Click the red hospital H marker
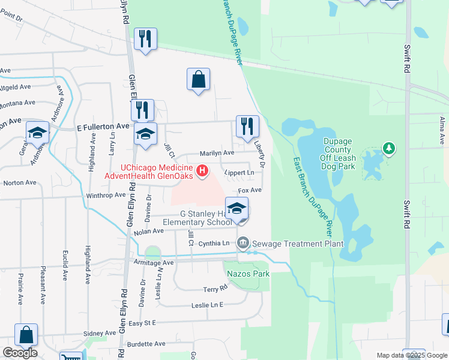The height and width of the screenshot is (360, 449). [x=202, y=171]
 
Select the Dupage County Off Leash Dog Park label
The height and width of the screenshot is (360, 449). [x=340, y=154]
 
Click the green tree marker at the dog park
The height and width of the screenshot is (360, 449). [x=389, y=148]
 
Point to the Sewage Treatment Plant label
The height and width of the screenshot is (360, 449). [x=297, y=244]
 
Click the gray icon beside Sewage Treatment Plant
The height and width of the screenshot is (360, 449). [x=243, y=243]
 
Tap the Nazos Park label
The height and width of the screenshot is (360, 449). [x=249, y=274]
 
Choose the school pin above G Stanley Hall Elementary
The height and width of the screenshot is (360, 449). [x=237, y=209]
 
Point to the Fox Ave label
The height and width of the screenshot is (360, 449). [x=250, y=190]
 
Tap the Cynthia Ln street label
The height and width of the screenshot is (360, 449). [x=214, y=244]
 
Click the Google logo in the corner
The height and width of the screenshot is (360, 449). [x=20, y=353]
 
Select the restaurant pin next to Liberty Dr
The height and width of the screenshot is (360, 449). [x=247, y=127]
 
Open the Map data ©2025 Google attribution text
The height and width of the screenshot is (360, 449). [x=412, y=355]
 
